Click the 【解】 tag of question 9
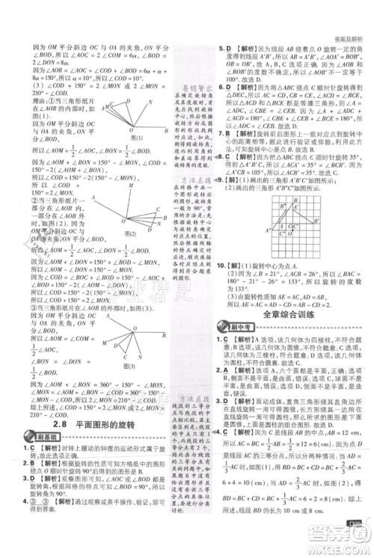point(242,181)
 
